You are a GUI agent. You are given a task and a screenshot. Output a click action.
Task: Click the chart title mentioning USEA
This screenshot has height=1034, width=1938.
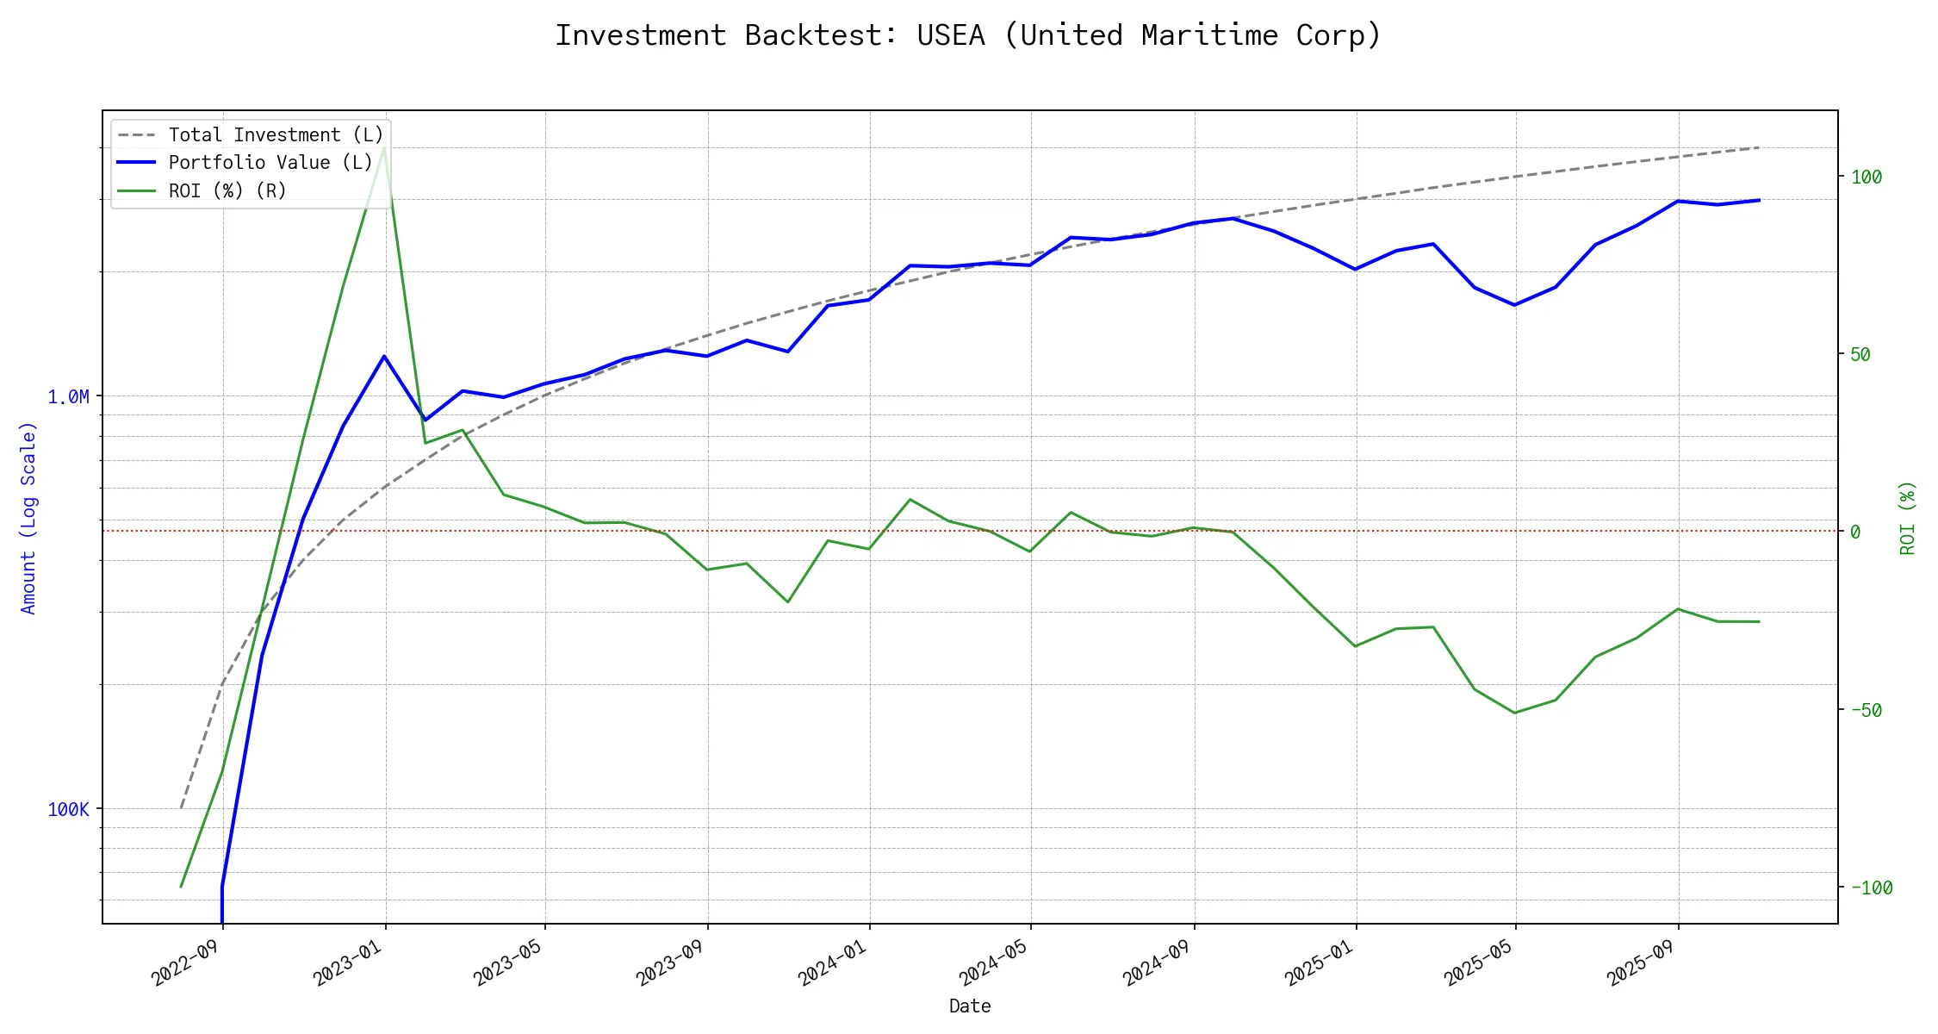point(968,35)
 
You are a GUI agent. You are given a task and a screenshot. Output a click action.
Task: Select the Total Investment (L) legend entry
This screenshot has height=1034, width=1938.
point(276,135)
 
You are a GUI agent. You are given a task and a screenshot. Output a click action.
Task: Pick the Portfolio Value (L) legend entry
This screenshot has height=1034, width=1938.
point(270,163)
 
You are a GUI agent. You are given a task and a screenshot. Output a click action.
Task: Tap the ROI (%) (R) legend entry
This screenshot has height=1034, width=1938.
point(227,190)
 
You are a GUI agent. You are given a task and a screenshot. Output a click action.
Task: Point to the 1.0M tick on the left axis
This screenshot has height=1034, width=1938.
point(69,397)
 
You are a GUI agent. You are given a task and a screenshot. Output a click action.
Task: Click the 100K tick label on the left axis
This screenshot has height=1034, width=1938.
point(69,810)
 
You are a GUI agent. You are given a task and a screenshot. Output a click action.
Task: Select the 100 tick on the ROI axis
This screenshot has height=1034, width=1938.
point(1867,178)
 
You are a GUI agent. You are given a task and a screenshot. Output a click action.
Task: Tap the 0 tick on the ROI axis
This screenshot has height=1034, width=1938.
point(1855,533)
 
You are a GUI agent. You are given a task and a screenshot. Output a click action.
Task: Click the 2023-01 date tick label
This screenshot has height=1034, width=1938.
point(348,962)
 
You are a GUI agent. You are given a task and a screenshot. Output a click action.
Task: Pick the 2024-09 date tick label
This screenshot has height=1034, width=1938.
point(1157,962)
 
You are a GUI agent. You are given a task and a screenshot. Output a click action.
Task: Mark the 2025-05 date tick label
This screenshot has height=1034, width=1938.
point(1479,962)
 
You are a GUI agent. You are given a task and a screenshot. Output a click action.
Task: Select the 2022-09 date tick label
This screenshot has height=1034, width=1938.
point(186,962)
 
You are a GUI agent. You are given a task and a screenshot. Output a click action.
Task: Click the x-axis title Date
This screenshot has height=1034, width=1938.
point(970,1006)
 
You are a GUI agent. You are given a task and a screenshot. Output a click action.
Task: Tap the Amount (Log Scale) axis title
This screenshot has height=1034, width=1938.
point(28,518)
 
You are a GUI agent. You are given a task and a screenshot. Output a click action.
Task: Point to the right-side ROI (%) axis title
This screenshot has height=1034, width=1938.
point(1908,518)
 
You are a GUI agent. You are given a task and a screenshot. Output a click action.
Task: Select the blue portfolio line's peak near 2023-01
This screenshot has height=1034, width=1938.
point(384,356)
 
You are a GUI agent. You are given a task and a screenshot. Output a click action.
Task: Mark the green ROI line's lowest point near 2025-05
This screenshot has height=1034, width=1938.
point(1515,713)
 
